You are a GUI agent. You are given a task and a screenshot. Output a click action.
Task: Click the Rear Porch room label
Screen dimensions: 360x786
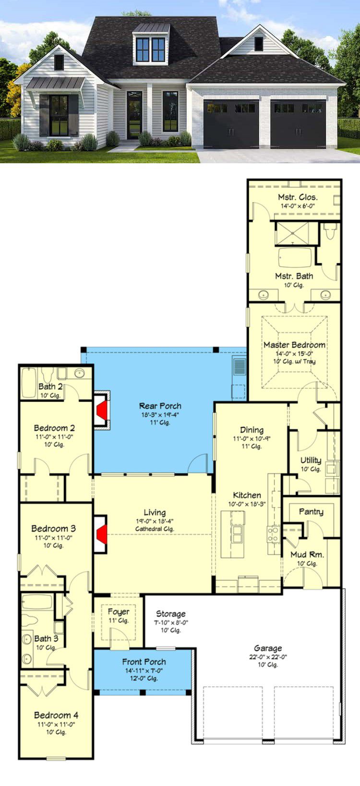[x=160, y=406]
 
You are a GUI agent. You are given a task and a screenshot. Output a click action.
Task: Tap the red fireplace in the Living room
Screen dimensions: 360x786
[x=102, y=534]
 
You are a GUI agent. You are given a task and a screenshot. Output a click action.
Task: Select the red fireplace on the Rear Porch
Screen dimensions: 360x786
[x=102, y=410]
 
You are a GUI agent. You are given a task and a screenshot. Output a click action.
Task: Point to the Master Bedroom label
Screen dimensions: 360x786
[x=294, y=345]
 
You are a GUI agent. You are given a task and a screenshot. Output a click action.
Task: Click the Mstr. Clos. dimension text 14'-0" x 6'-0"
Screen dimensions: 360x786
[x=298, y=206]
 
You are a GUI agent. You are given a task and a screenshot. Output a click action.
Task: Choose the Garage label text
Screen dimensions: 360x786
[x=268, y=649]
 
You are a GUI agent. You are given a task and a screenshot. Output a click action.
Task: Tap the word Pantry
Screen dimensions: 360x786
[x=311, y=512]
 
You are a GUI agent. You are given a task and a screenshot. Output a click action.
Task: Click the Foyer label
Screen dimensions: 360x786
[x=119, y=612]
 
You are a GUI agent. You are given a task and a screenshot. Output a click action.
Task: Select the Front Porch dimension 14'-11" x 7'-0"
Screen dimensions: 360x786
[x=144, y=671]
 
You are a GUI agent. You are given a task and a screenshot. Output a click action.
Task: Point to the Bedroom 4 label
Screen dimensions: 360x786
[x=56, y=715]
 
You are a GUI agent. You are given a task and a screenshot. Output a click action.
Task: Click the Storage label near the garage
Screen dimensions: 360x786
[x=171, y=614]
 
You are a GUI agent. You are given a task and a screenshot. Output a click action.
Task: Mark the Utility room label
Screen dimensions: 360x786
[x=311, y=460]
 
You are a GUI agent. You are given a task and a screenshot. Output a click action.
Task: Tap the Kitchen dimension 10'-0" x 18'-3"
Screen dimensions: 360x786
[x=247, y=504]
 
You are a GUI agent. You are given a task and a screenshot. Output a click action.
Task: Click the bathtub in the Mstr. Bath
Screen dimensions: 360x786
[x=295, y=258]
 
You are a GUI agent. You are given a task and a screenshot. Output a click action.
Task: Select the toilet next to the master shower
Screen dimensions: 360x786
[x=330, y=231]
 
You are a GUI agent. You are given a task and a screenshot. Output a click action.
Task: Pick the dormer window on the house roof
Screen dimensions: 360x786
[x=151, y=49]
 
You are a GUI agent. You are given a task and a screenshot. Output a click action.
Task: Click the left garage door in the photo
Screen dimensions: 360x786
[x=231, y=124]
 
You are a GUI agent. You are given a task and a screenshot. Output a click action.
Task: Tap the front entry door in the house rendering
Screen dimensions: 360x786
[x=134, y=115]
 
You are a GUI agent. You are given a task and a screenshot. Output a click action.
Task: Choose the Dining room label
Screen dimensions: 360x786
[x=252, y=430]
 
